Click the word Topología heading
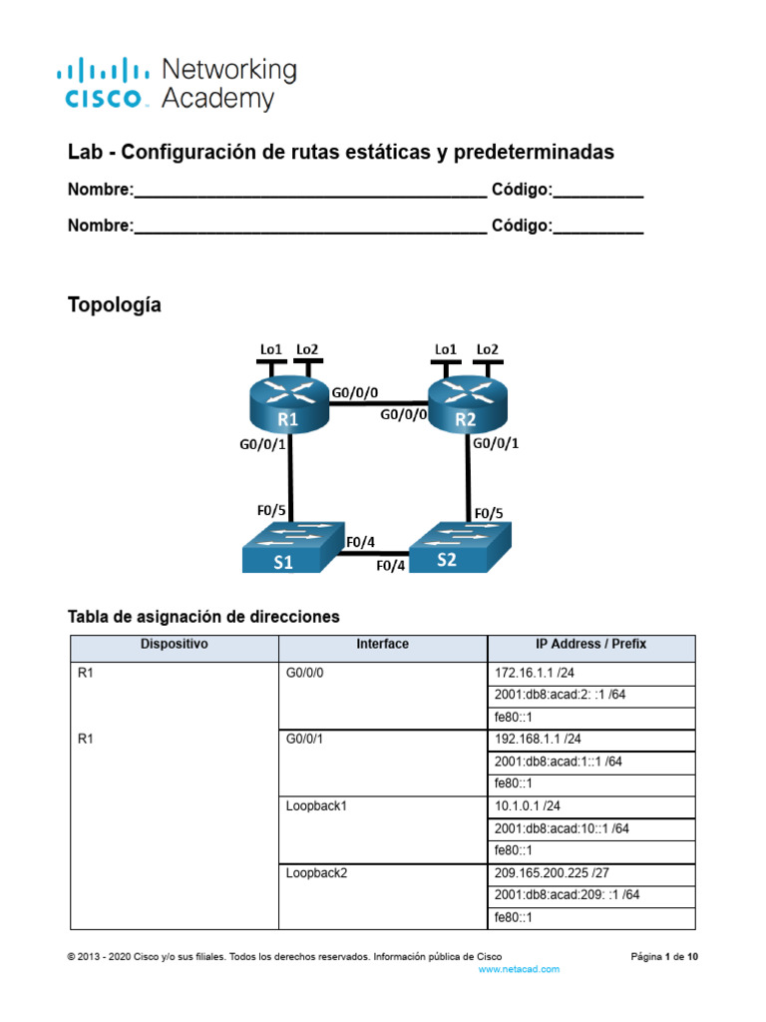[x=114, y=305]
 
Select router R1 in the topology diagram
[x=288, y=405]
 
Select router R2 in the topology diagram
[x=466, y=405]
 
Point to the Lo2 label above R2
[x=487, y=349]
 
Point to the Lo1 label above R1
[x=270, y=349]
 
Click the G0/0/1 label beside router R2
[x=497, y=443]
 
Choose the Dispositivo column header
[x=175, y=645]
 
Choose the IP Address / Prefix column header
[x=590, y=645]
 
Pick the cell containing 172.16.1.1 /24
[x=590, y=673]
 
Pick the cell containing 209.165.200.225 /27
[x=590, y=872]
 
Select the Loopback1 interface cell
[x=382, y=806]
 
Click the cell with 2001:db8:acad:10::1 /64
[x=590, y=828]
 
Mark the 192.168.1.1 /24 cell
[x=590, y=740]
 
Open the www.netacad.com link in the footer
[x=519, y=969]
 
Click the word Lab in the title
[x=84, y=153]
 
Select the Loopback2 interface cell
[x=382, y=872]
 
